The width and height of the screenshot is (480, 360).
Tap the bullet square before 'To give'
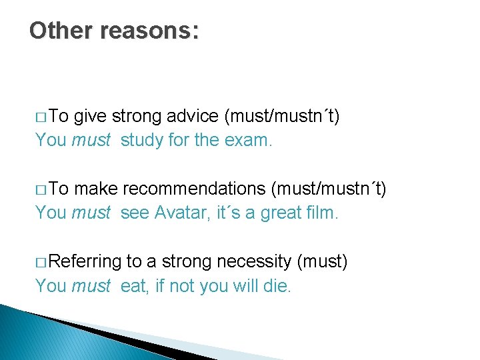pos(41,118)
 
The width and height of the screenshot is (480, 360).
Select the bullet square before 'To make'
pos(41,191)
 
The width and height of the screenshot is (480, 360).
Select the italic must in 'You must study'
pos(91,141)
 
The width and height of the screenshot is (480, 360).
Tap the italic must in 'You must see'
pos(91,213)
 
